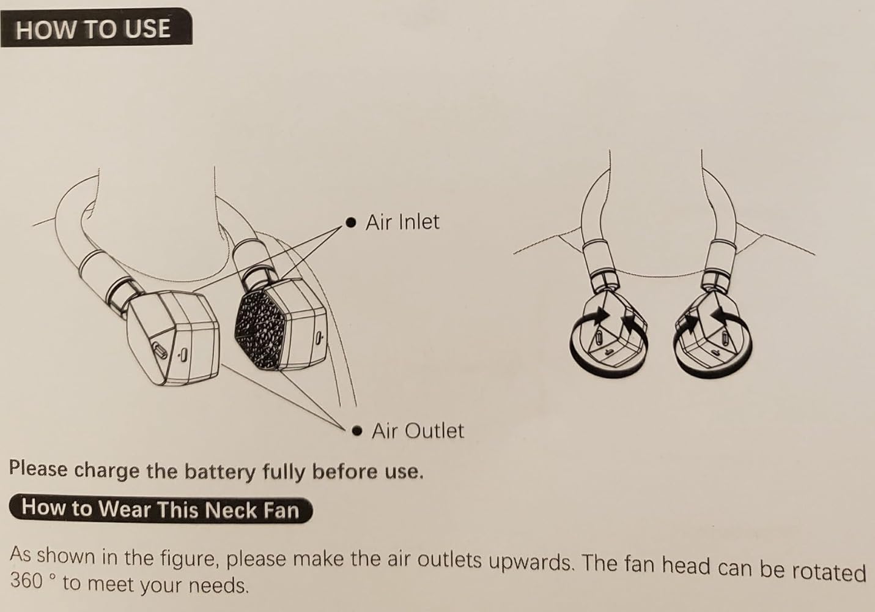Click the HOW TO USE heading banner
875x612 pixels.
click(x=96, y=28)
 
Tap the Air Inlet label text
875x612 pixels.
click(x=402, y=222)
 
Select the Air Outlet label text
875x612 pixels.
click(x=418, y=431)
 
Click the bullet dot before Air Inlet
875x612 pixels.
click(x=351, y=223)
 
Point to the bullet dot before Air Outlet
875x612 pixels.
click(x=356, y=431)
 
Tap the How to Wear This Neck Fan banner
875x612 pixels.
click(x=161, y=509)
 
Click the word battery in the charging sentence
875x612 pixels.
click(x=220, y=472)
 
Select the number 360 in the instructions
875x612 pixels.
click(x=26, y=580)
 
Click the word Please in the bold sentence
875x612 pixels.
click(x=39, y=468)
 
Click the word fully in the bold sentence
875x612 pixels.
click(x=283, y=472)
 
